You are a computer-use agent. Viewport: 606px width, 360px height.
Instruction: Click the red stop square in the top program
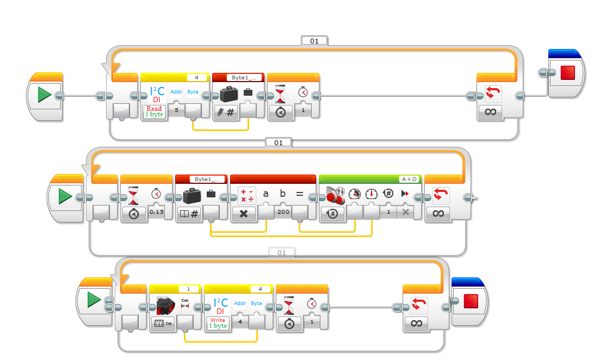pyautogui.click(x=568, y=73)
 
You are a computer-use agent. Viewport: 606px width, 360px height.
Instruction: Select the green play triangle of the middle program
pyautogui.click(x=65, y=196)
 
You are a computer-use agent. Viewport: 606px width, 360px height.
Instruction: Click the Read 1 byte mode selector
pyautogui.click(x=154, y=111)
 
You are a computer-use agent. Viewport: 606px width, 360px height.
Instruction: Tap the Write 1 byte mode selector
pyautogui.click(x=218, y=323)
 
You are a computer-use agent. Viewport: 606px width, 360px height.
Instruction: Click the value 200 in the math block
pyautogui.click(x=283, y=212)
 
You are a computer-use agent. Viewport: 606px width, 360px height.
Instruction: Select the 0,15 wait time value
pyautogui.click(x=157, y=212)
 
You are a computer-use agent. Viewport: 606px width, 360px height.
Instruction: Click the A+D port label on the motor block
pyautogui.click(x=409, y=179)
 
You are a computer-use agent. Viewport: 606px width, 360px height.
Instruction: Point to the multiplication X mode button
pyautogui.click(x=244, y=214)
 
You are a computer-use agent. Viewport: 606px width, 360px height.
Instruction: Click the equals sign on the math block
pyautogui.click(x=300, y=194)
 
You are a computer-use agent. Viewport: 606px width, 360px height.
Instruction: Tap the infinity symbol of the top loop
pyautogui.click(x=491, y=112)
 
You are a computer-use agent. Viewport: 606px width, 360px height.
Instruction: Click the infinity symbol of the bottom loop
pyautogui.click(x=416, y=324)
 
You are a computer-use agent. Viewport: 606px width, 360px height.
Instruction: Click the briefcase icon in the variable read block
pyautogui.click(x=191, y=195)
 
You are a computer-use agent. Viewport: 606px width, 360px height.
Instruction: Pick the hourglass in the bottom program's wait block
pyautogui.click(x=289, y=305)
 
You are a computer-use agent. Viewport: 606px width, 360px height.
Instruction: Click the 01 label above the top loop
pyautogui.click(x=314, y=41)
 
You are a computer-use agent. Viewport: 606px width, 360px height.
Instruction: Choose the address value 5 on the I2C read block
pyautogui.click(x=177, y=110)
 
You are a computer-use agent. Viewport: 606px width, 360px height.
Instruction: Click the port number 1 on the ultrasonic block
pyautogui.click(x=189, y=289)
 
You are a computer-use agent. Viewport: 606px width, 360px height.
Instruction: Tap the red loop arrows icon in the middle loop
pyautogui.click(x=440, y=195)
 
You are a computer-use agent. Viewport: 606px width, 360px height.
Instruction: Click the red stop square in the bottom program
pyautogui.click(x=471, y=301)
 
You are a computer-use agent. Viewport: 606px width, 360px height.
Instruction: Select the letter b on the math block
pyautogui.click(x=282, y=193)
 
